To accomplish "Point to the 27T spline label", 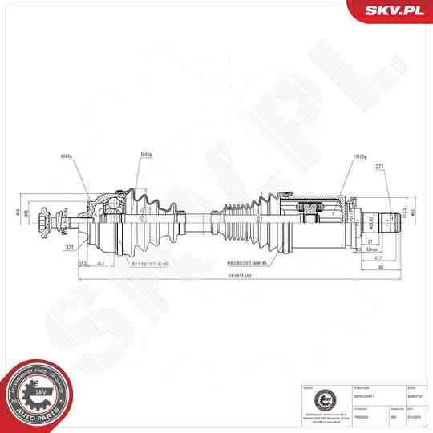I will (380, 168).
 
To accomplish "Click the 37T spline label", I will (71, 248).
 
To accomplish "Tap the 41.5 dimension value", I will (99, 263).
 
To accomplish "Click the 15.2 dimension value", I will (83, 263).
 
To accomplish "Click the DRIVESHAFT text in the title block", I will (362, 395).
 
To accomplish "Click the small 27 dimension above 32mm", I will (370, 241).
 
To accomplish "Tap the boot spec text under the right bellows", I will (244, 263).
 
